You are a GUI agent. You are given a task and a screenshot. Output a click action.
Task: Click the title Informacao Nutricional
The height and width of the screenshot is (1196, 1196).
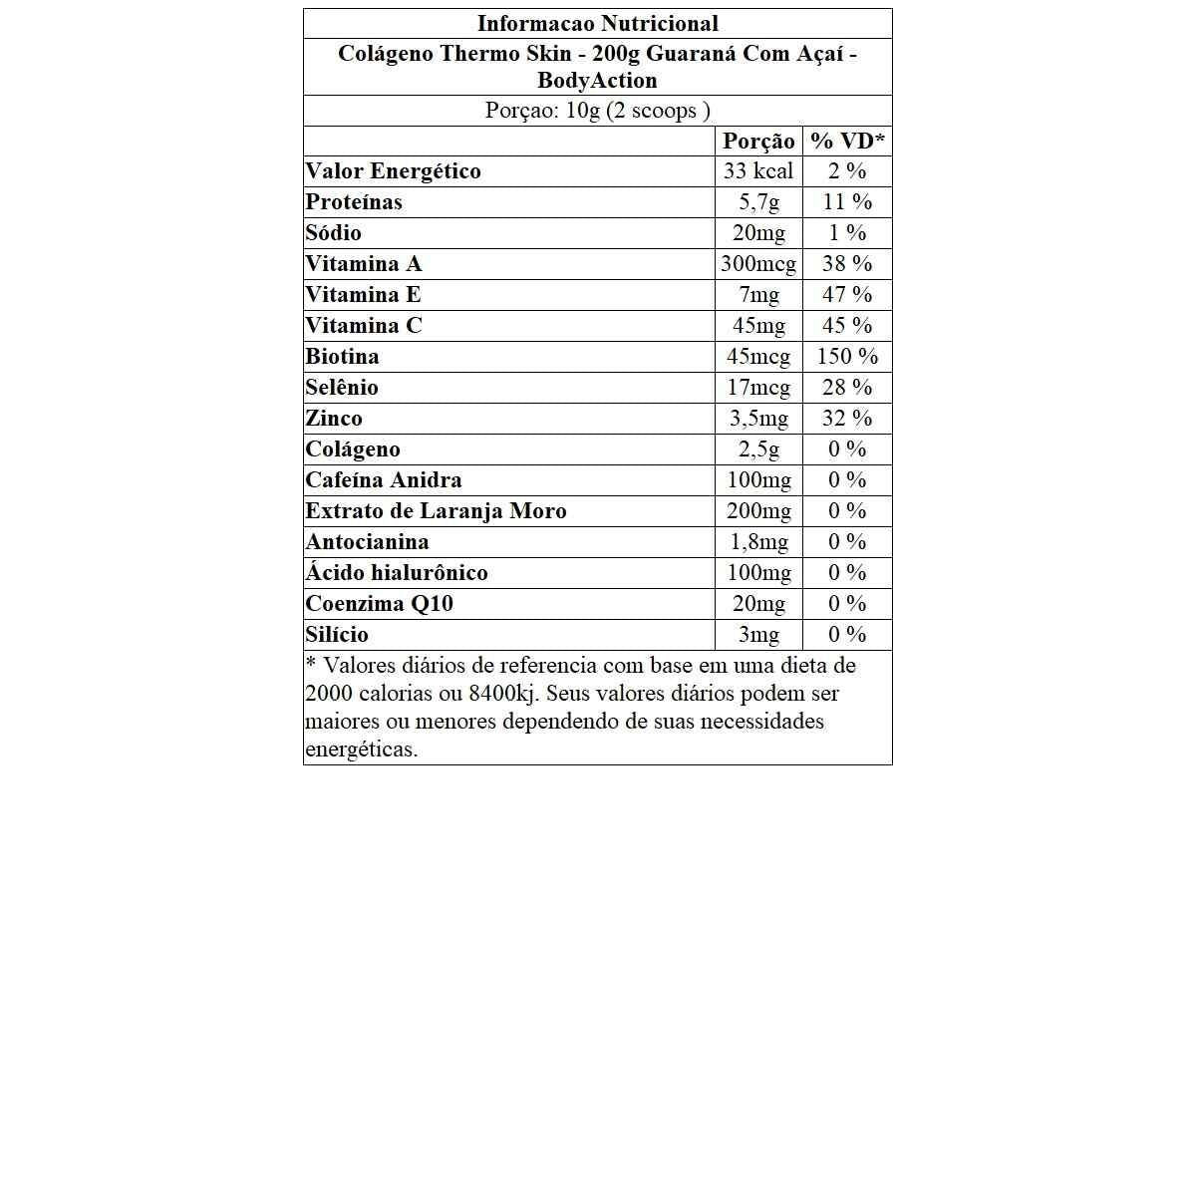(597, 24)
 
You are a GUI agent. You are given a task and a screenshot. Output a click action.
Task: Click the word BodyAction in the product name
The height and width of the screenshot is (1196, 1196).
(597, 81)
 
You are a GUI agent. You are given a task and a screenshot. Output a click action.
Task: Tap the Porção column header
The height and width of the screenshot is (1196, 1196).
(758, 142)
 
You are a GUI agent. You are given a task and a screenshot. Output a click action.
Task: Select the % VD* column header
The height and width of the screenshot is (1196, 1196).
(847, 142)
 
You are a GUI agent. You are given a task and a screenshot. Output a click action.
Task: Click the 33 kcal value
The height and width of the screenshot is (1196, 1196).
(758, 171)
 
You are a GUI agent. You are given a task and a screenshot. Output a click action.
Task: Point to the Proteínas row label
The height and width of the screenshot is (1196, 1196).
(354, 202)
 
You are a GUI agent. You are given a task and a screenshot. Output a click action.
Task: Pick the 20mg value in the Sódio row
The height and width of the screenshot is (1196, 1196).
(758, 233)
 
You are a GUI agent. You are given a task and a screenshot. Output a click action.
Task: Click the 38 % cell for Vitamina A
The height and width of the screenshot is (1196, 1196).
(847, 264)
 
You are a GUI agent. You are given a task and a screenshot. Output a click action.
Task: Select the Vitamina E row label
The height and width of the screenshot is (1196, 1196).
(363, 295)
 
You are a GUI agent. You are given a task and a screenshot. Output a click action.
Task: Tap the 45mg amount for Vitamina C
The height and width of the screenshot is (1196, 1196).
(758, 326)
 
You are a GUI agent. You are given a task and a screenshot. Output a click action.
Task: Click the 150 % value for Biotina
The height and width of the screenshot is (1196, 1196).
(847, 357)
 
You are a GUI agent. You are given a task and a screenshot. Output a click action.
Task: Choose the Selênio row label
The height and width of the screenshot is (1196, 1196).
(342, 388)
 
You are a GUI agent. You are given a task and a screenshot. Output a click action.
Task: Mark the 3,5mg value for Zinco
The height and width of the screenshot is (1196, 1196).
(758, 419)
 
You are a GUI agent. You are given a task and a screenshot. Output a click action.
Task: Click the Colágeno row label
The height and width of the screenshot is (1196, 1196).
(353, 449)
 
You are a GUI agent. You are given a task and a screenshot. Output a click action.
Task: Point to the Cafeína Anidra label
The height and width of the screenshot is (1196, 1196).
(384, 480)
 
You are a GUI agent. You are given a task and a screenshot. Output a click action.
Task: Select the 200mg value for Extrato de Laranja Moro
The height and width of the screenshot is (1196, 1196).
(758, 511)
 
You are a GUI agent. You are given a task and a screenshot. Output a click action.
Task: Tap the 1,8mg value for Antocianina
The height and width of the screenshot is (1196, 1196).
(758, 542)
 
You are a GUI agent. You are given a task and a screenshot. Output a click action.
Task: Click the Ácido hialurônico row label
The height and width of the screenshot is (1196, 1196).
(397, 573)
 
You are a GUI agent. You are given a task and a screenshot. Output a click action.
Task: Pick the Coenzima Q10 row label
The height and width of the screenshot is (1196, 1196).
(379, 604)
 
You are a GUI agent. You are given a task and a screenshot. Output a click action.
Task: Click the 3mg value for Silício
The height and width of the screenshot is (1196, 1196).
(758, 635)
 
